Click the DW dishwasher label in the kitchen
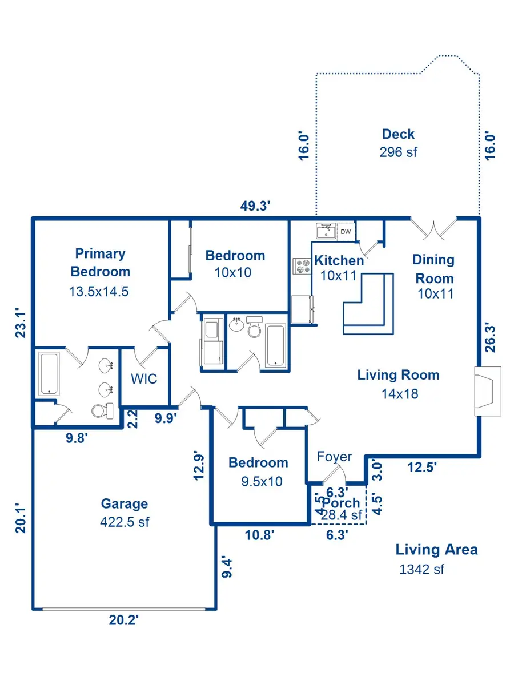click(346, 232)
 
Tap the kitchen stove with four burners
click(301, 267)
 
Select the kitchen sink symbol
click(326, 231)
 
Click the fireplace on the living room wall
click(487, 391)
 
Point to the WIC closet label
click(144, 379)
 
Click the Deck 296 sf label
click(398, 143)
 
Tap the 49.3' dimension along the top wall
click(255, 206)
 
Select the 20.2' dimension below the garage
click(124, 620)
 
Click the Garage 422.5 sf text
click(125, 512)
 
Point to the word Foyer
click(335, 457)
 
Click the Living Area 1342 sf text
click(436, 558)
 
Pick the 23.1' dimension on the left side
click(22, 323)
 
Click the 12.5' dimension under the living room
click(422, 467)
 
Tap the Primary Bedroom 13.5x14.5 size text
click(99, 291)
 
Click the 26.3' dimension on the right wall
click(491, 339)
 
